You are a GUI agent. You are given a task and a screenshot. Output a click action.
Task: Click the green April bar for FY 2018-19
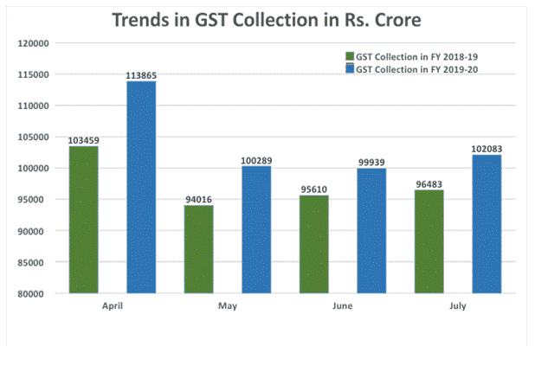tap(84, 220)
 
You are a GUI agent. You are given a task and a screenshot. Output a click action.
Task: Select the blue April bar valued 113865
tap(141, 187)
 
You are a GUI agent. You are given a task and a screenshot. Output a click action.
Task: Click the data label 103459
tap(84, 139)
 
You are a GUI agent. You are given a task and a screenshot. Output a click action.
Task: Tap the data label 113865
tap(141, 74)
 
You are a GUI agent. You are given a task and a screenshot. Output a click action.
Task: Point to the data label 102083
tap(487, 148)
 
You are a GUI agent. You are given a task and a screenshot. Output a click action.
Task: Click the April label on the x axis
tap(113, 307)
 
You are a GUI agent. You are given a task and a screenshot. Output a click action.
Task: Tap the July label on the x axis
tap(458, 307)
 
